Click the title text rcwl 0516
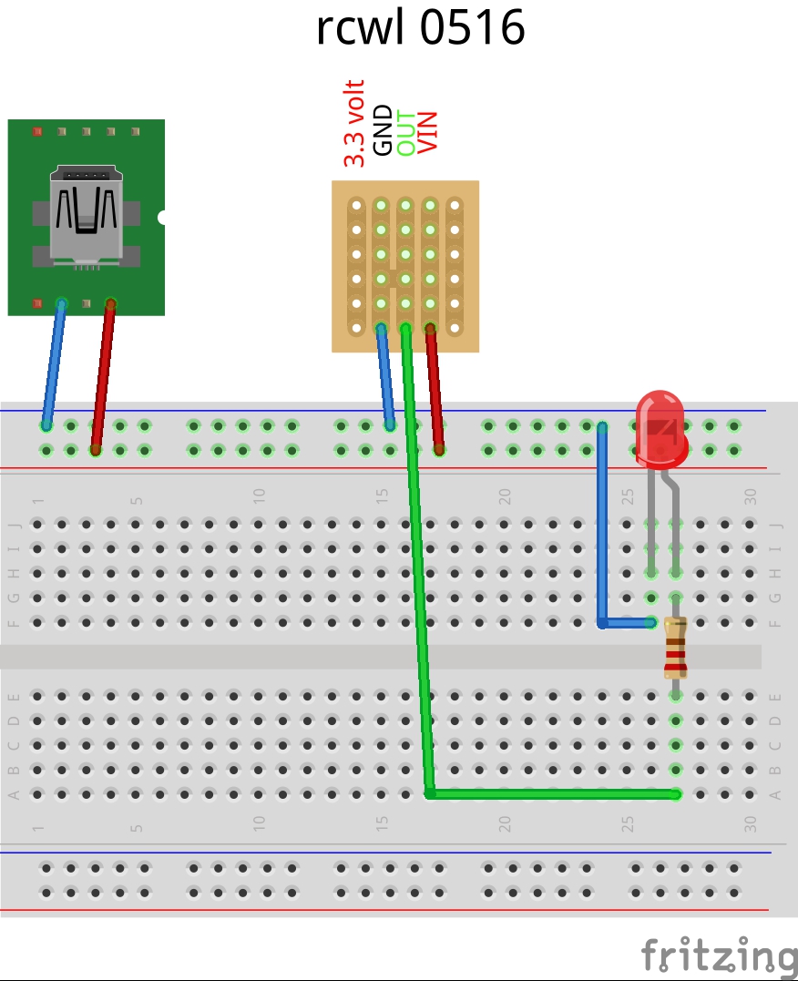(421, 28)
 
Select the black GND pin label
(383, 130)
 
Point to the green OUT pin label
(405, 133)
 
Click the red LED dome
(660, 424)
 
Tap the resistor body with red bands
(675, 648)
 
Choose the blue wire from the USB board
(54, 364)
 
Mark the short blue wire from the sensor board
(385, 375)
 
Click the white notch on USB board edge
(162, 218)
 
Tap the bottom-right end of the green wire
(675, 794)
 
